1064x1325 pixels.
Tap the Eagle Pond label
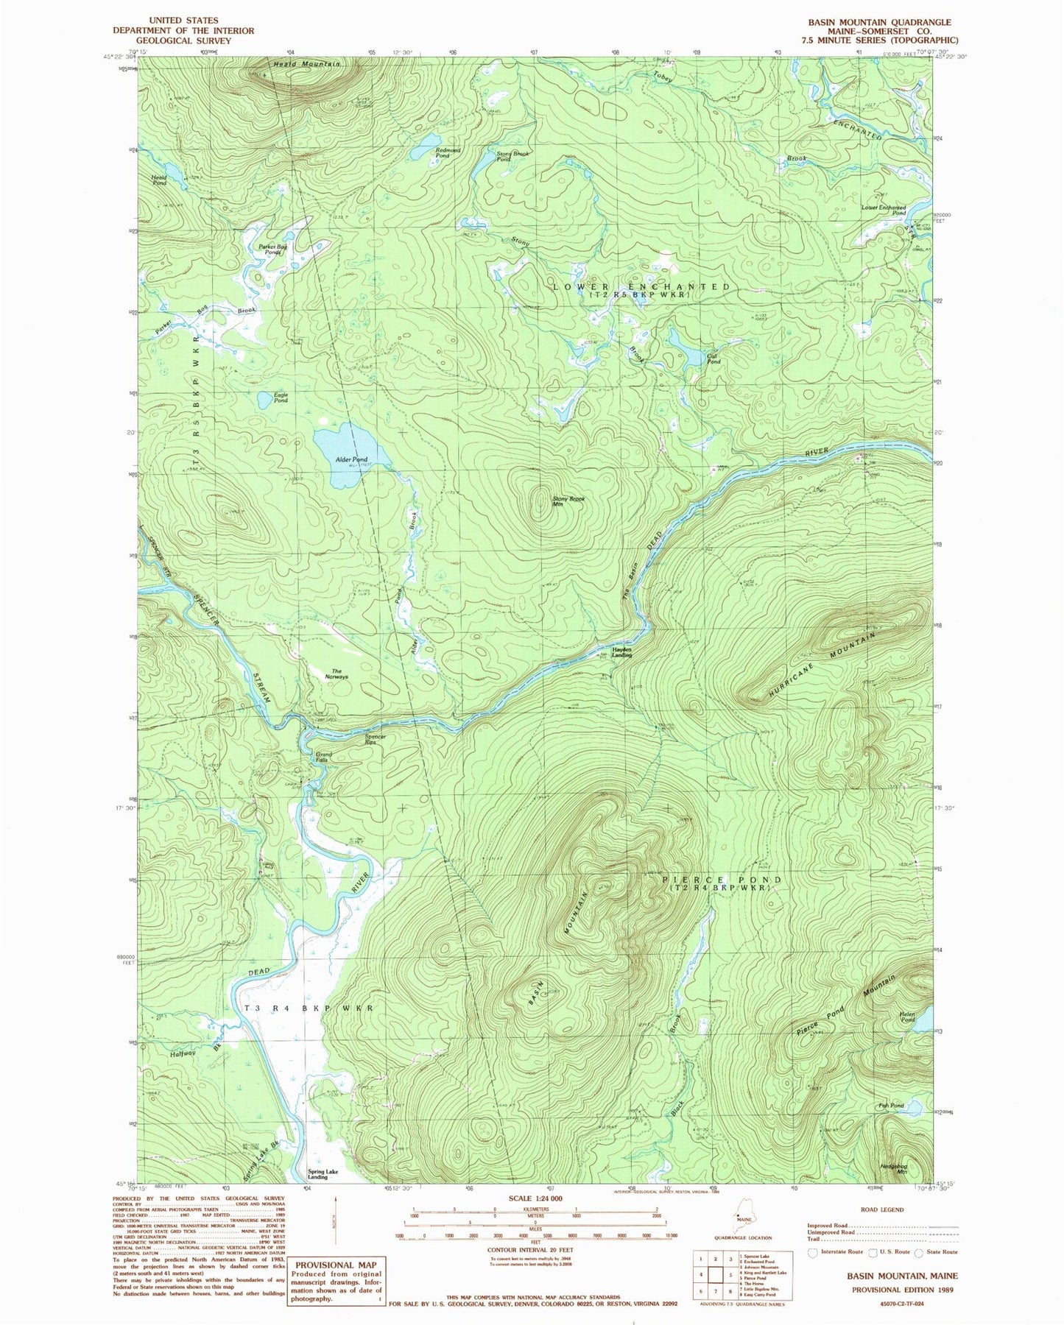pos(281,397)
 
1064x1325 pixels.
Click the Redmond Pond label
pos(448,152)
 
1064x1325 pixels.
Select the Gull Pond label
pos(713,358)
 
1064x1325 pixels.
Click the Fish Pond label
pos(891,1106)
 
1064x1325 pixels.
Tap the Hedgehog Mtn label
pos(893,1168)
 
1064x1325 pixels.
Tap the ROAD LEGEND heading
pos(882,1209)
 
